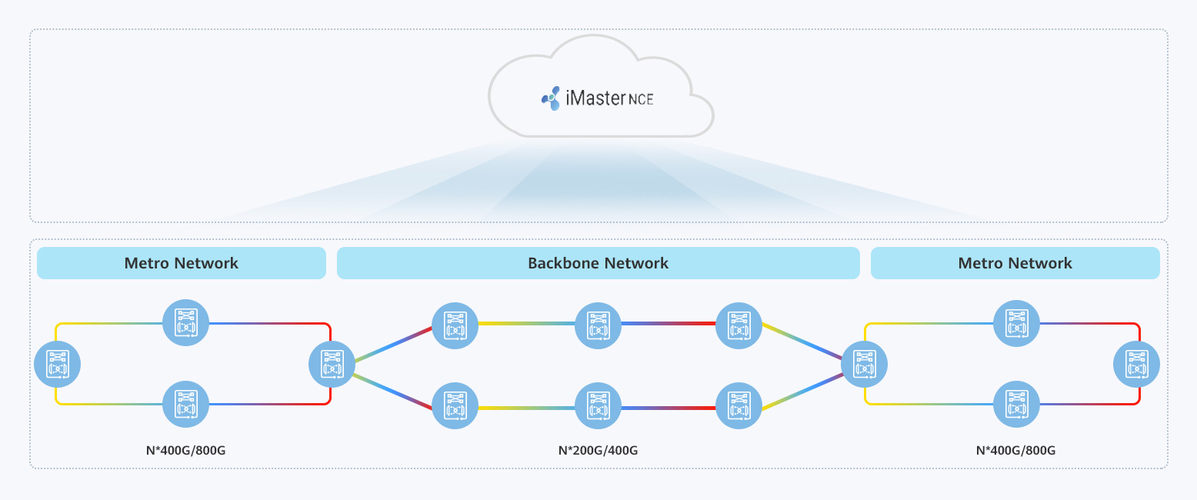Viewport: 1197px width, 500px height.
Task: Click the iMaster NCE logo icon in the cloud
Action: pyautogui.click(x=550, y=98)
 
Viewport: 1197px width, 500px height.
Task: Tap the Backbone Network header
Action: pyautogui.click(x=598, y=263)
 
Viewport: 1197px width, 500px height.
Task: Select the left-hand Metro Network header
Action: pyautogui.click(x=182, y=263)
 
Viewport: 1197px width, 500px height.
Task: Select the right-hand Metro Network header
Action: pyautogui.click(x=1015, y=263)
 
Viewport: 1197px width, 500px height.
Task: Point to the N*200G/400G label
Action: pyautogui.click(x=598, y=450)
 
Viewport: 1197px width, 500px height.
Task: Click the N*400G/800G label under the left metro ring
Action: pyautogui.click(x=185, y=450)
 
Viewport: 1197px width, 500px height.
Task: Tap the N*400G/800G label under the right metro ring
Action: pyautogui.click(x=1015, y=450)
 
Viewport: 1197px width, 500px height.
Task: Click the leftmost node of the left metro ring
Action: pyautogui.click(x=58, y=364)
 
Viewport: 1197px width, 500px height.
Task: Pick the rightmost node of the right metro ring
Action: pyautogui.click(x=1137, y=364)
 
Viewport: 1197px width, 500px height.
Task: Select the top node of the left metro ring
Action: pyautogui.click(x=185, y=323)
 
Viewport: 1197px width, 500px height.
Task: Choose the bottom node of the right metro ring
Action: pyautogui.click(x=1017, y=405)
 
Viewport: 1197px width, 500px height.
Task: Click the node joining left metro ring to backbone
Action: pyautogui.click(x=332, y=364)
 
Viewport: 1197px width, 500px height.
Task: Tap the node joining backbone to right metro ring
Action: pyautogui.click(x=864, y=364)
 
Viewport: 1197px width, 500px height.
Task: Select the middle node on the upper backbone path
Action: pyautogui.click(x=598, y=324)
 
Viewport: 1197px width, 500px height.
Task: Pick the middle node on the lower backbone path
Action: pyautogui.click(x=598, y=406)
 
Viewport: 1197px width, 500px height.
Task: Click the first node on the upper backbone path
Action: pyautogui.click(x=455, y=324)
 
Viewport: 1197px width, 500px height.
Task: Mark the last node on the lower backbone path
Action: pyautogui.click(x=739, y=406)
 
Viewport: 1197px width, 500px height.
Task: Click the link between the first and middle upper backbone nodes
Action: pyautogui.click(x=526, y=324)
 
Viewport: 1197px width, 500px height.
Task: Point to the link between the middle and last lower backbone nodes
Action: pyautogui.click(x=669, y=407)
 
